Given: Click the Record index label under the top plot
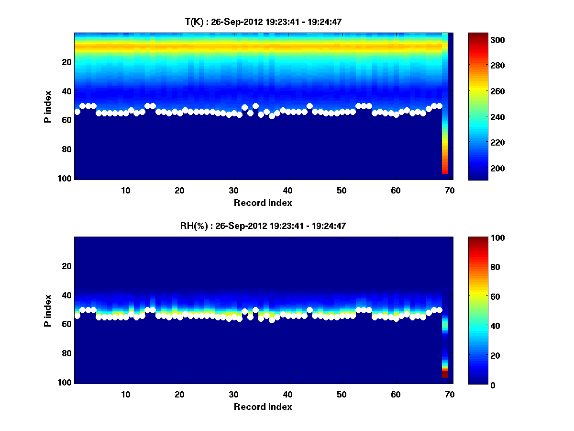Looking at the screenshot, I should [x=263, y=203].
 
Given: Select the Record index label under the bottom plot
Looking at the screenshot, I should [x=263, y=407].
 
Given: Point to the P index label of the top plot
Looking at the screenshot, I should [x=48, y=106].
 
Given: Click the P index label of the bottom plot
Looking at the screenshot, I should [x=48, y=310].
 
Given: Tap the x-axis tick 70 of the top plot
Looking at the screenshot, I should [x=450, y=190].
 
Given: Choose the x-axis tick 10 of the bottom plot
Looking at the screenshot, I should [x=126, y=394].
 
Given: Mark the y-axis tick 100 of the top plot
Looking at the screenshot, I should [x=66, y=178].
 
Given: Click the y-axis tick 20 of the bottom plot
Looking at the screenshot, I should [x=67, y=266].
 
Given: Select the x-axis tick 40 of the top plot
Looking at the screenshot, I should [x=288, y=190].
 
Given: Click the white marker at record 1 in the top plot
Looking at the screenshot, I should [x=77, y=112].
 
